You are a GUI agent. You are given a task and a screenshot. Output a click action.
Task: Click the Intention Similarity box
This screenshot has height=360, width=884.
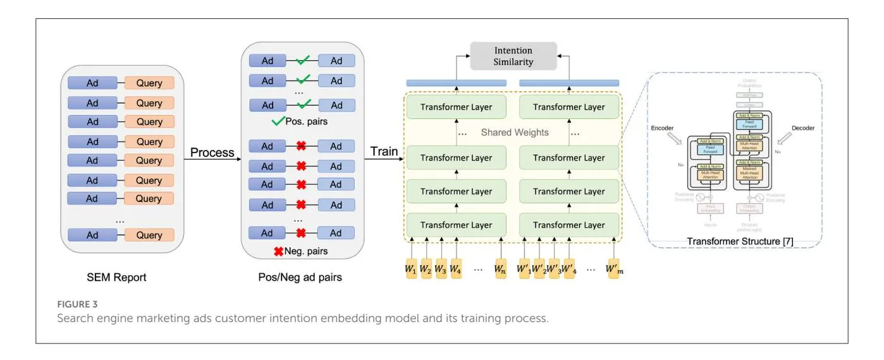(x=513, y=56)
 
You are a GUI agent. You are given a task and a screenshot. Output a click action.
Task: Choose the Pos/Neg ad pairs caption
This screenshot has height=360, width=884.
(x=301, y=276)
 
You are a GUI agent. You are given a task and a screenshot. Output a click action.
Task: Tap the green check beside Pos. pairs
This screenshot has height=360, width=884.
(x=276, y=121)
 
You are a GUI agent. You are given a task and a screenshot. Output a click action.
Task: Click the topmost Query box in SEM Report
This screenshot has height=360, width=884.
(x=149, y=83)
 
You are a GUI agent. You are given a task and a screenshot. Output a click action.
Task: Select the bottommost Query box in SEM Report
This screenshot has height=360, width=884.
(x=149, y=235)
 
